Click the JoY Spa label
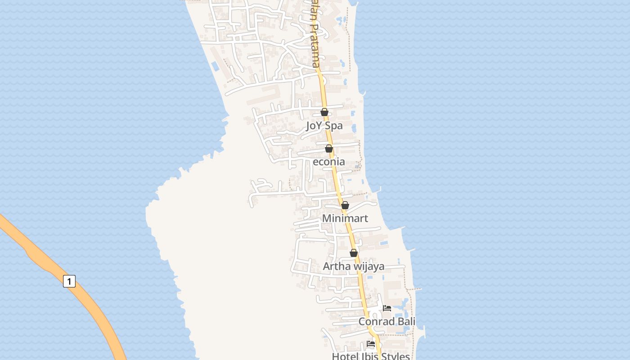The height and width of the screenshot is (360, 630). pos(324,126)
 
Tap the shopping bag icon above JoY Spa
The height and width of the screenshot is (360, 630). pos(324,112)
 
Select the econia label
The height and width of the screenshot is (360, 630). pos(329,162)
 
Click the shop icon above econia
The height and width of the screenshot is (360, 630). pos(329,148)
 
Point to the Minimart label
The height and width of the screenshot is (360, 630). pos(345,218)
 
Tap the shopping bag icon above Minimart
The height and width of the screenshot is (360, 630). pos(345,205)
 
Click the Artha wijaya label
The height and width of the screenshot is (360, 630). pos(354,266)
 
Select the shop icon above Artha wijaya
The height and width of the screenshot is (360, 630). pos(354,253)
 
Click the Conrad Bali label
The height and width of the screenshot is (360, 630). pos(387,321)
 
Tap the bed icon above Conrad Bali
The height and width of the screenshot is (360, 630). pos(387,308)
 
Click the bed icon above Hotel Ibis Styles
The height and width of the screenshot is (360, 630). pos(371,344)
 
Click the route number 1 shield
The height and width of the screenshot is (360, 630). pos(69,281)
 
